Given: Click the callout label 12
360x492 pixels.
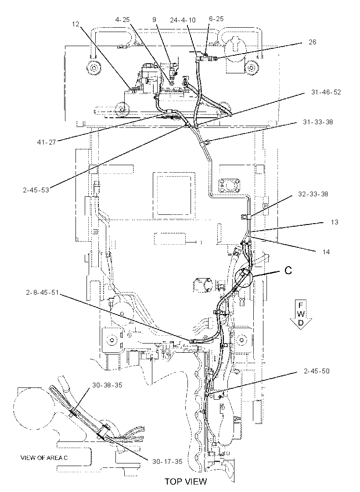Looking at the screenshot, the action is click(x=76, y=24).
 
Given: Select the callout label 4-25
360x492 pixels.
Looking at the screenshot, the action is click(x=122, y=20).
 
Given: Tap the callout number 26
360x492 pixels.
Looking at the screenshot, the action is click(x=312, y=42).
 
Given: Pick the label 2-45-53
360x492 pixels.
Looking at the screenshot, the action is click(x=36, y=190).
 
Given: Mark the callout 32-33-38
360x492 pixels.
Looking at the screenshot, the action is click(x=313, y=194).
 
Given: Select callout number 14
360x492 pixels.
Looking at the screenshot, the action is click(x=326, y=252).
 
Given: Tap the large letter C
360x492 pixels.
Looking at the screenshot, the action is click(x=288, y=270).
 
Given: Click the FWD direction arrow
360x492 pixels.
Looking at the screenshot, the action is click(x=301, y=315).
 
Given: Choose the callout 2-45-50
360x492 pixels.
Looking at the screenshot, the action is click(x=317, y=371).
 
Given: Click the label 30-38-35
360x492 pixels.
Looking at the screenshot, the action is click(x=107, y=385).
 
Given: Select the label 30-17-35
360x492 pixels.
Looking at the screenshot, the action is click(x=167, y=462).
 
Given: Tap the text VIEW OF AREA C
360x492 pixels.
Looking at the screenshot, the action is click(x=44, y=458).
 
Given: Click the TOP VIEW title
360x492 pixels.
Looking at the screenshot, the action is click(x=186, y=481).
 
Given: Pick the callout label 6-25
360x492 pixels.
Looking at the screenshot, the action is click(x=216, y=19).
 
